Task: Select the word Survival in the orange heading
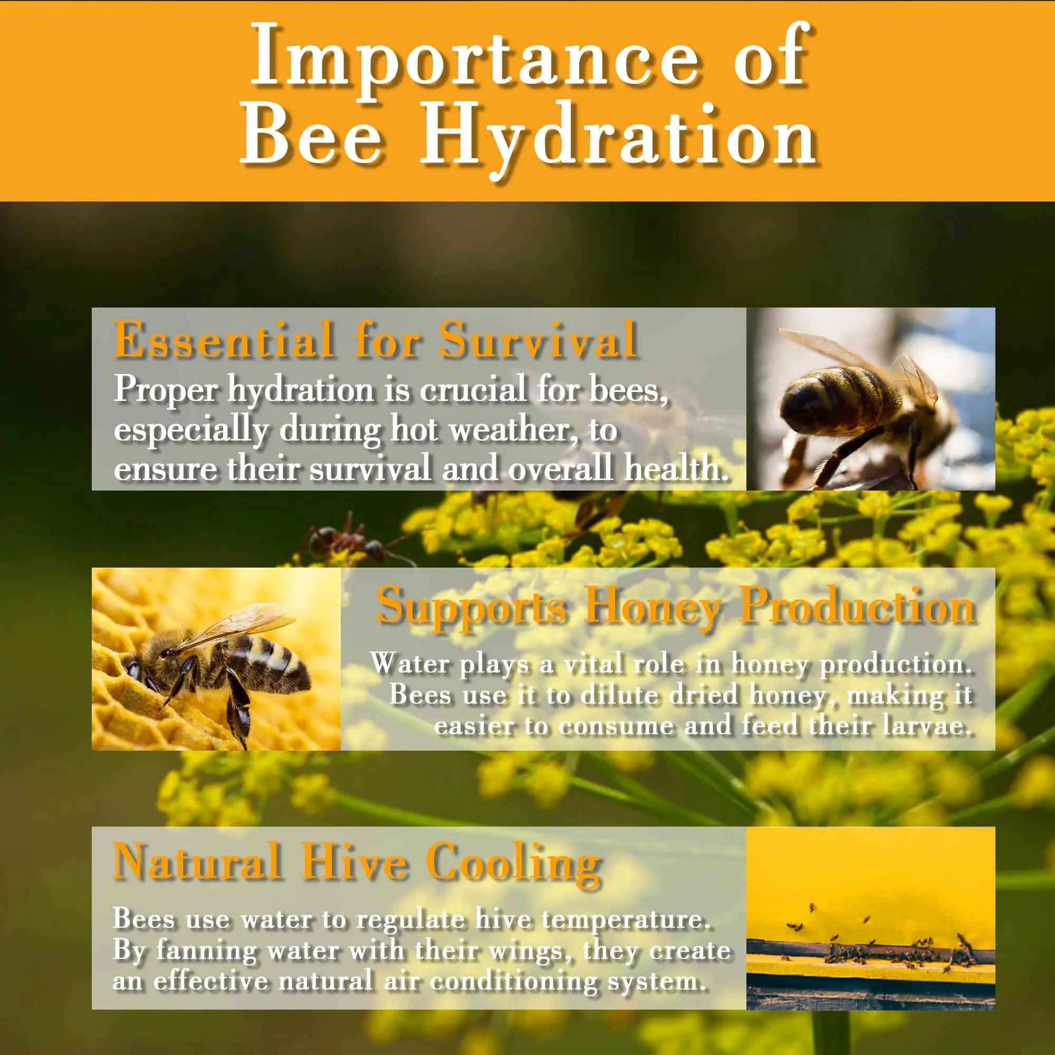tap(539, 339)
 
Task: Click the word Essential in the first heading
tap(223, 339)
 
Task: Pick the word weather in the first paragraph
tap(514, 430)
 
